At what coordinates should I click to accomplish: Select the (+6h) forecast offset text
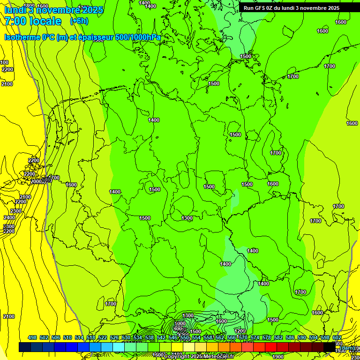[x=78, y=22]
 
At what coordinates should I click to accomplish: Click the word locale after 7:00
[x=45, y=22]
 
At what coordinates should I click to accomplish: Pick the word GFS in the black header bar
[x=261, y=7]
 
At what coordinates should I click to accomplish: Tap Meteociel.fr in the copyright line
[x=216, y=357]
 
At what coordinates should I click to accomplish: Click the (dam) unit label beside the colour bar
[x=347, y=348]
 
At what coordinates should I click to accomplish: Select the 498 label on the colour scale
[x=32, y=338]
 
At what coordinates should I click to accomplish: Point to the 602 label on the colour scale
[x=337, y=338]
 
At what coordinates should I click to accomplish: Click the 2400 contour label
[x=9, y=217]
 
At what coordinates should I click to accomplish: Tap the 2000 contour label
[x=36, y=181]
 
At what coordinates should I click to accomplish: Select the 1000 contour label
[x=180, y=323]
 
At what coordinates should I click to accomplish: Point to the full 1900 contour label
[x=277, y=357]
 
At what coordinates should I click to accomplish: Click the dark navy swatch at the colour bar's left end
[x=25, y=347]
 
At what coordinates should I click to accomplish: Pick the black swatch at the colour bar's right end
[x=330, y=347]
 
